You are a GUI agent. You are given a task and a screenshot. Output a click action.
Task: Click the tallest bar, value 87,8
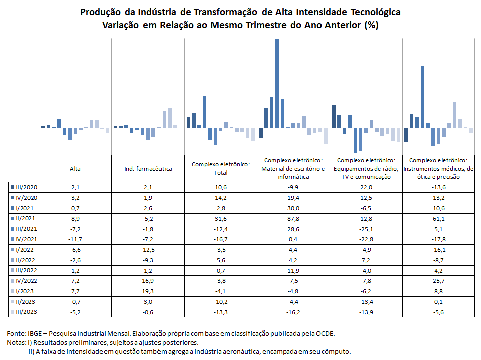(277, 83)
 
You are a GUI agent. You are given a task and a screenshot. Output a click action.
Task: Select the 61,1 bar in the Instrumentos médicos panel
(422, 97)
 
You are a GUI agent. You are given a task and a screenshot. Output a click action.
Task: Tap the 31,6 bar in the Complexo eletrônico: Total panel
(204, 112)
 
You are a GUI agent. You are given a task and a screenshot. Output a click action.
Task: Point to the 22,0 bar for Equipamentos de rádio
(334, 116)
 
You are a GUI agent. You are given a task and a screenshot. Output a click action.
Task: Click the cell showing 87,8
(293, 219)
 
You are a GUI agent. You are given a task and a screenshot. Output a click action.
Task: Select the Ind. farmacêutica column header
(148, 169)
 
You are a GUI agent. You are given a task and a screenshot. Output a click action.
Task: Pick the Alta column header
(75, 169)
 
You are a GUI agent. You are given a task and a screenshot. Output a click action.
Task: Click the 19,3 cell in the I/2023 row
(148, 291)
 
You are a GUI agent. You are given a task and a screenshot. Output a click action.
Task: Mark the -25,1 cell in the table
(366, 229)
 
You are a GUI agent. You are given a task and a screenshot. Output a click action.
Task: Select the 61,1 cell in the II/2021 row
(439, 219)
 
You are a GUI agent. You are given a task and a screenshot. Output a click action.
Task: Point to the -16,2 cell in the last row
(293, 312)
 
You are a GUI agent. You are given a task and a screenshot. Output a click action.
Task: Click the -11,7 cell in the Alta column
(75, 239)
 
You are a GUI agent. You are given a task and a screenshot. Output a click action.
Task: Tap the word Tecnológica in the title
(375, 12)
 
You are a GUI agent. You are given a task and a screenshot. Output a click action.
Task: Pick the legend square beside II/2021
(12, 218)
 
